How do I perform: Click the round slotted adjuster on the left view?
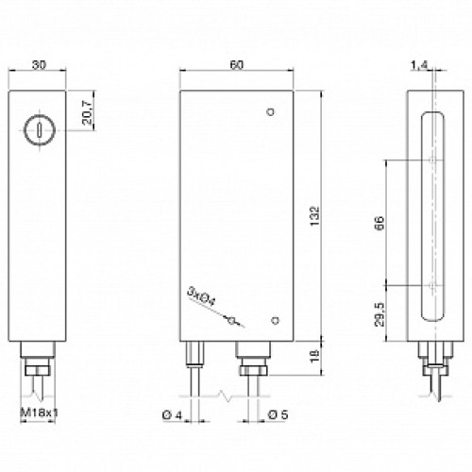tap(38, 126)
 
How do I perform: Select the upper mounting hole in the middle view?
tap(271, 113)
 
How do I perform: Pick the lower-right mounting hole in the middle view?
tap(274, 319)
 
